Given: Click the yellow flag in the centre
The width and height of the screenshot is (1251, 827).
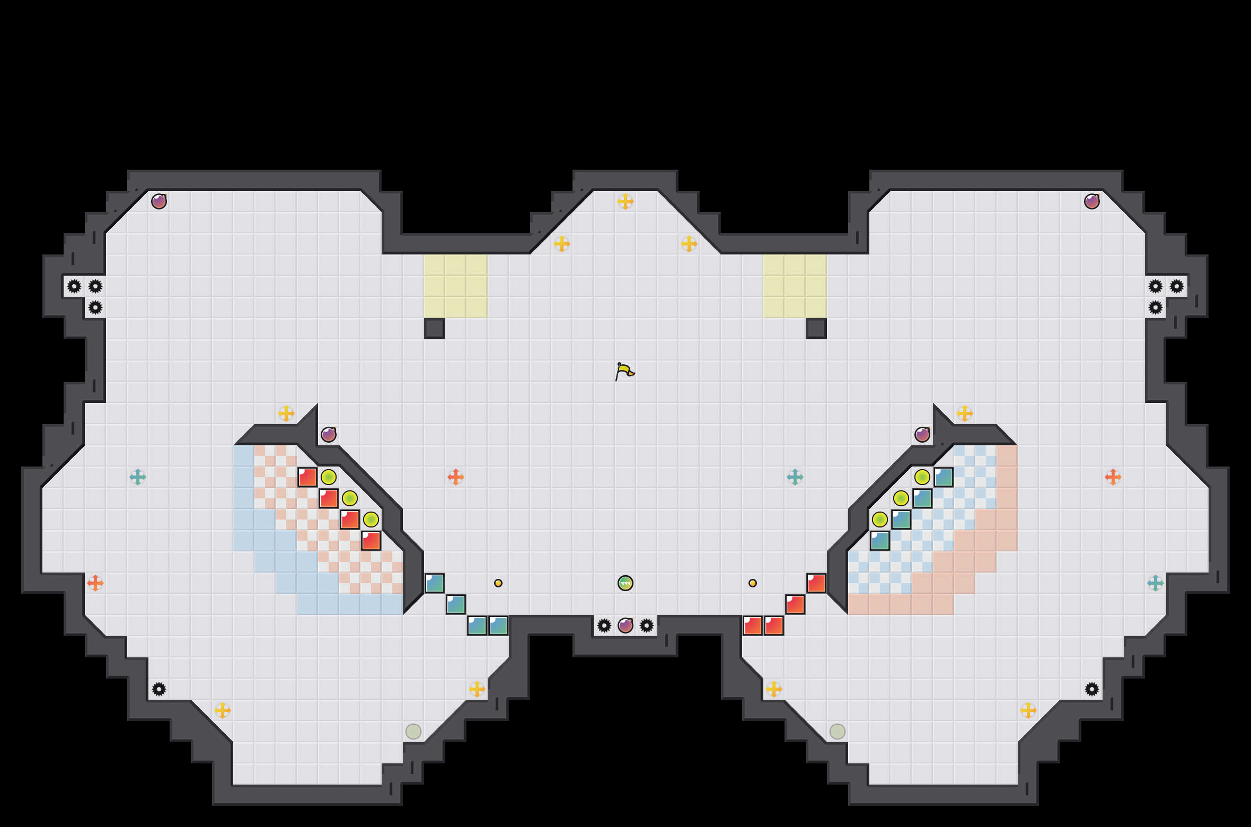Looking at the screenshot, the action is tap(625, 371).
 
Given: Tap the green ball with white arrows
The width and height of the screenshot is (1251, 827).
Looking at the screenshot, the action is tap(626, 583).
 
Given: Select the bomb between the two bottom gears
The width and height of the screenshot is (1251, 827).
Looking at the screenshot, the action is tap(626, 626).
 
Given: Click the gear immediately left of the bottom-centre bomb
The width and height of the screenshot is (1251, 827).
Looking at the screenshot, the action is tap(604, 626).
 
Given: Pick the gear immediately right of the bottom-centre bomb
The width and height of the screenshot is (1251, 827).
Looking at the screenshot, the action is tap(647, 626).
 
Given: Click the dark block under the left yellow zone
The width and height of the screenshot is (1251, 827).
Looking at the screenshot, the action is tap(435, 329).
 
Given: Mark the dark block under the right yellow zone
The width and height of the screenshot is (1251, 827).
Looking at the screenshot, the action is tap(816, 329).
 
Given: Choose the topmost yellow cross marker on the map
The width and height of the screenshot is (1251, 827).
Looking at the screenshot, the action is tap(626, 201).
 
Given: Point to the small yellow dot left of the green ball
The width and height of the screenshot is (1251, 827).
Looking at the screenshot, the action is tap(498, 583).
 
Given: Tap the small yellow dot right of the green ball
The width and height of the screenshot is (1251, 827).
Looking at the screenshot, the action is tap(753, 583).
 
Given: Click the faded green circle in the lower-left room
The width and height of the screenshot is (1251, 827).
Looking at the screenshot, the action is tap(413, 732).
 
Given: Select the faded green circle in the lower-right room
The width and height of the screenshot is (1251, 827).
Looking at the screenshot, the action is tap(838, 732).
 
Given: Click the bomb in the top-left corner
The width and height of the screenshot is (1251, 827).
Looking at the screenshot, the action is tap(159, 201).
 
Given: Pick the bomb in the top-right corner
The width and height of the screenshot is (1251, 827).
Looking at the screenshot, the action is tap(1092, 201).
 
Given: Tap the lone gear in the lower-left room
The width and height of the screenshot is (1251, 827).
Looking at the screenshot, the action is tap(159, 689).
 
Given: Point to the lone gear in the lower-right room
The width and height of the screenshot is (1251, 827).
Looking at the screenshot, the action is tap(1092, 689).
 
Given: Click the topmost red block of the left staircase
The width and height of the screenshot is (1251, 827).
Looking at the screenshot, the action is tap(307, 477).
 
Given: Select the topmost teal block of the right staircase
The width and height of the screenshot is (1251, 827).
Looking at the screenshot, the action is tap(944, 477).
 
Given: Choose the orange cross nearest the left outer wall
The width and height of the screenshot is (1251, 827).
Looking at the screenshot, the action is tap(95, 583).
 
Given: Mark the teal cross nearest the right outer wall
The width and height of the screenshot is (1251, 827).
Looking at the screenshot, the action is tap(1156, 583).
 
